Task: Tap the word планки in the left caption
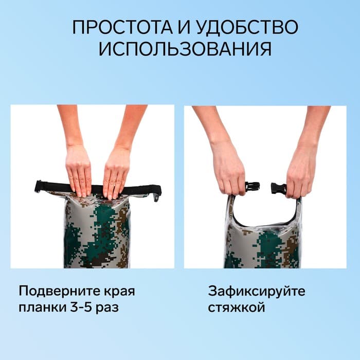[41, 309]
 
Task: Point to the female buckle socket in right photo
[278, 188]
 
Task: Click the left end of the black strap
[39, 186]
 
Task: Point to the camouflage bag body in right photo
[262, 247]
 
